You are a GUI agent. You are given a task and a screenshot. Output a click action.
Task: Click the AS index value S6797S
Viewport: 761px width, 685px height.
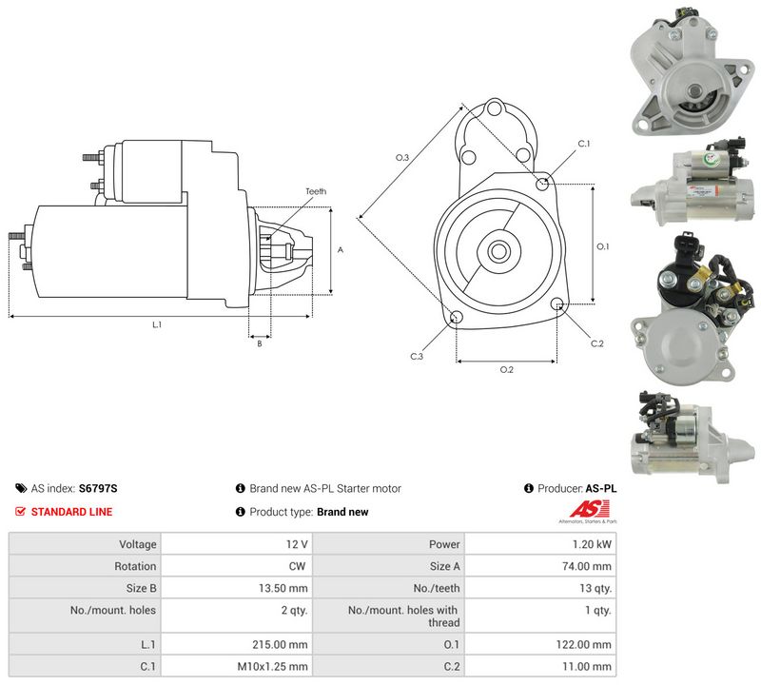pos(98,488)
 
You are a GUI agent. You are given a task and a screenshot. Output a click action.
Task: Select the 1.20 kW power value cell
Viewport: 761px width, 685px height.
pos(540,544)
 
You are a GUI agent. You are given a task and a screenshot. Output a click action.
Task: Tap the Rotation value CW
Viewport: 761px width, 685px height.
pos(297,566)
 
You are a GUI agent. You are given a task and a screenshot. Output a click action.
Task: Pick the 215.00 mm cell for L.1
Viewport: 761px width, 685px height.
pos(236,645)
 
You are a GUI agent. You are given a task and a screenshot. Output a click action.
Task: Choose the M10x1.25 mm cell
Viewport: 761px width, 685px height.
pos(236,667)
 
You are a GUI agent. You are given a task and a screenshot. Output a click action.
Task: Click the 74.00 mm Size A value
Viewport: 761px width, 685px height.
pos(587,566)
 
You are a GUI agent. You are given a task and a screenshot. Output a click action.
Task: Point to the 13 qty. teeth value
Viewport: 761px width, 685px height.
pos(595,588)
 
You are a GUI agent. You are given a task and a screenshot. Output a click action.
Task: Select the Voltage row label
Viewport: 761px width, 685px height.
pos(138,544)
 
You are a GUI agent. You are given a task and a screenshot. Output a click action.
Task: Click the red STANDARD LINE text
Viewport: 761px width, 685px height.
pos(72,512)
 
